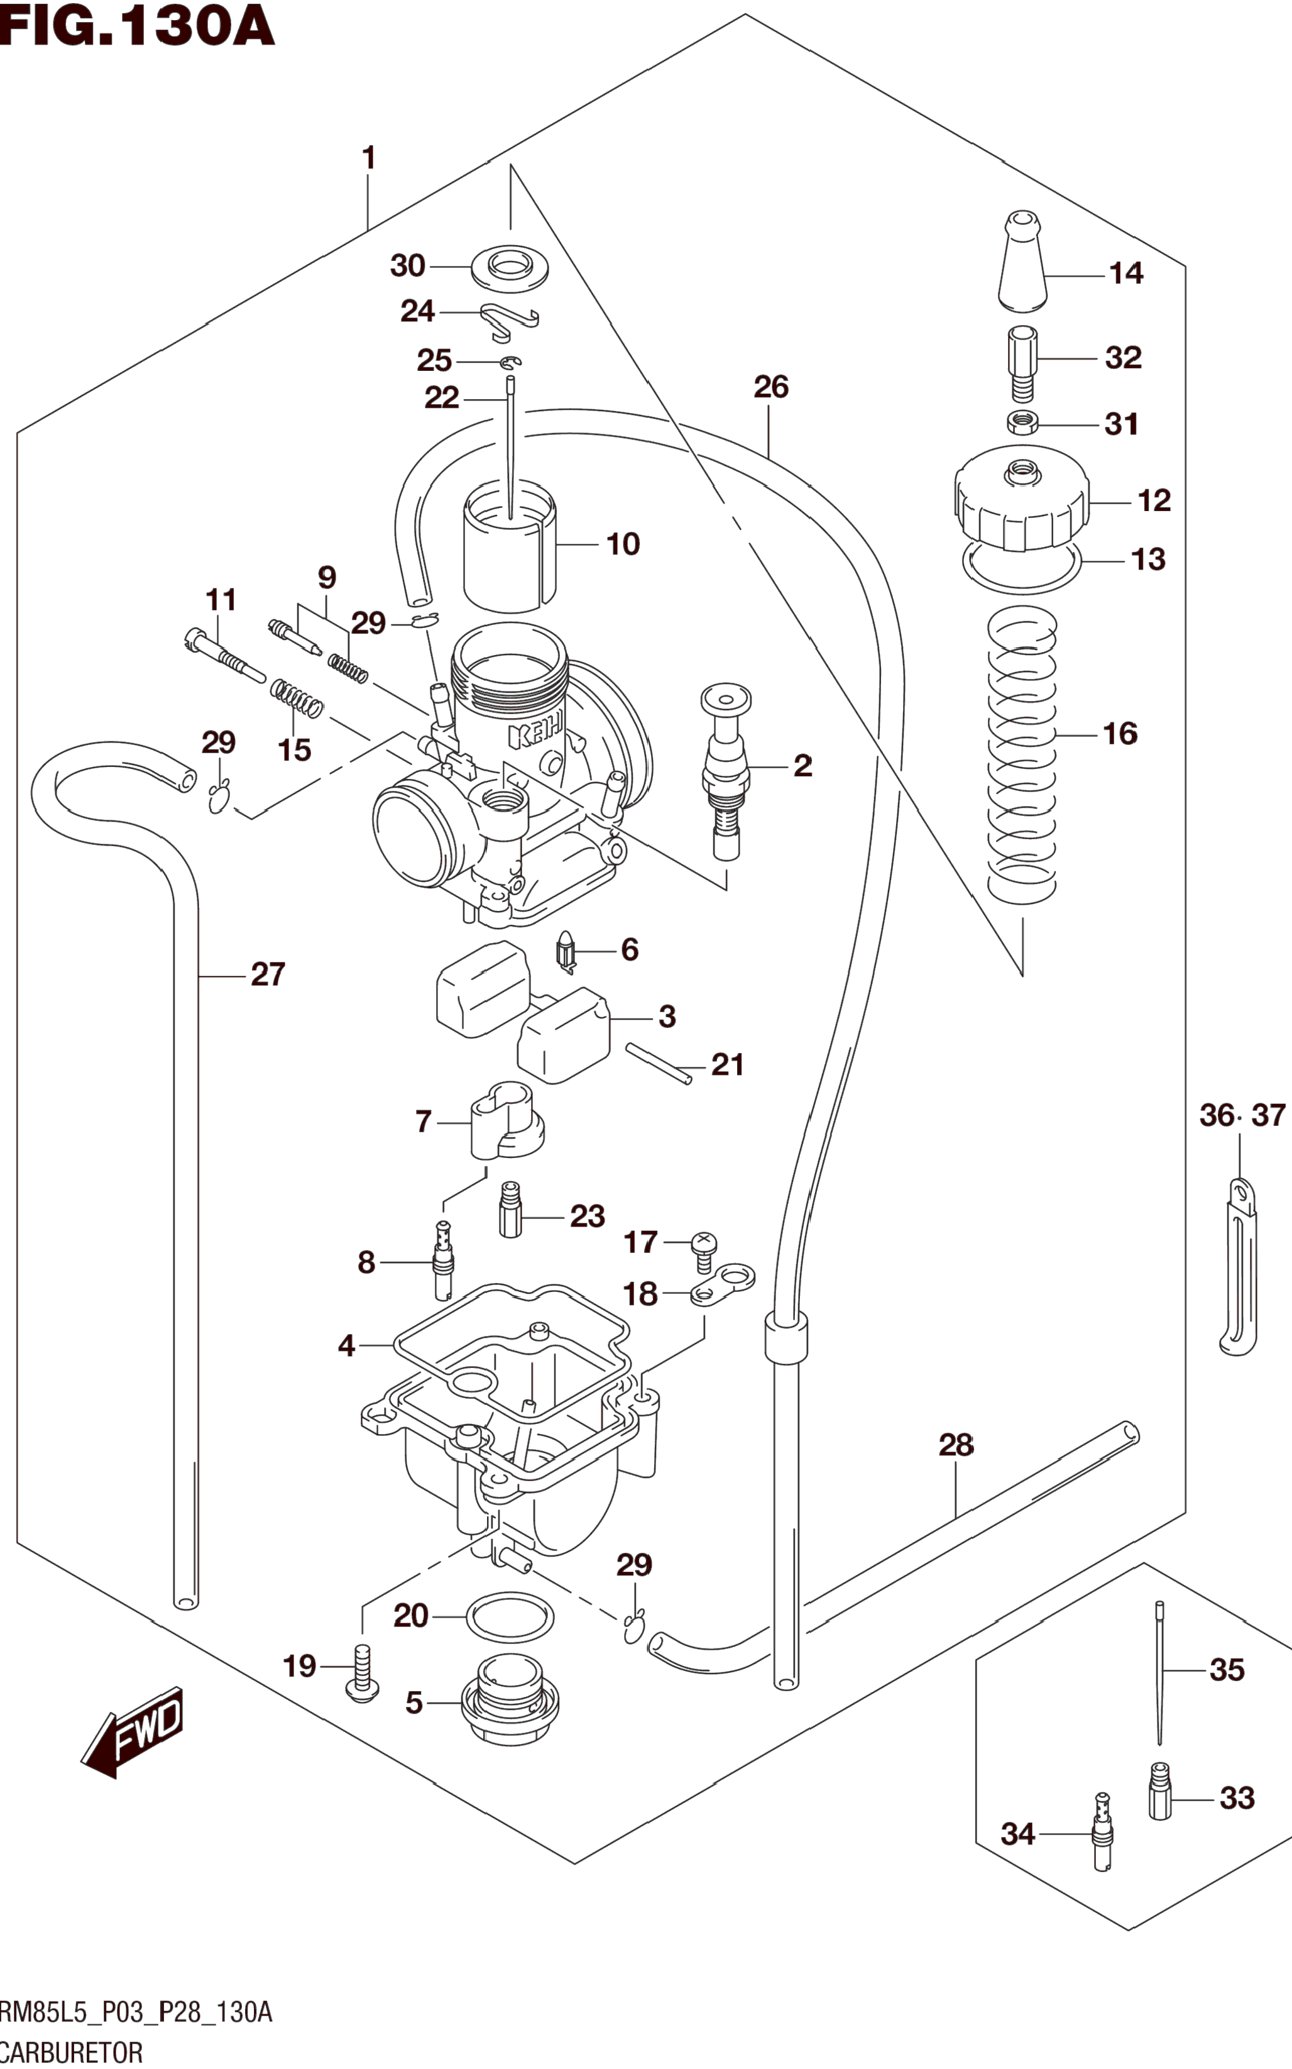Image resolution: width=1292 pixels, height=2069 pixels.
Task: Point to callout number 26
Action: coord(771,387)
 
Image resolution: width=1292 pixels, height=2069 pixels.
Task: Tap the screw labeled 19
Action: coord(363,1672)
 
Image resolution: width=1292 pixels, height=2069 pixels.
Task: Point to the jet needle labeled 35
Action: coord(1159,1672)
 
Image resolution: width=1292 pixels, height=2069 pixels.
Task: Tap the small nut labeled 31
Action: coord(1022,423)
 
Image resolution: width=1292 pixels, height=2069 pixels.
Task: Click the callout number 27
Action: coord(268,974)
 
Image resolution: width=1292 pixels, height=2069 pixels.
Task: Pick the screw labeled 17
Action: coord(703,1252)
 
